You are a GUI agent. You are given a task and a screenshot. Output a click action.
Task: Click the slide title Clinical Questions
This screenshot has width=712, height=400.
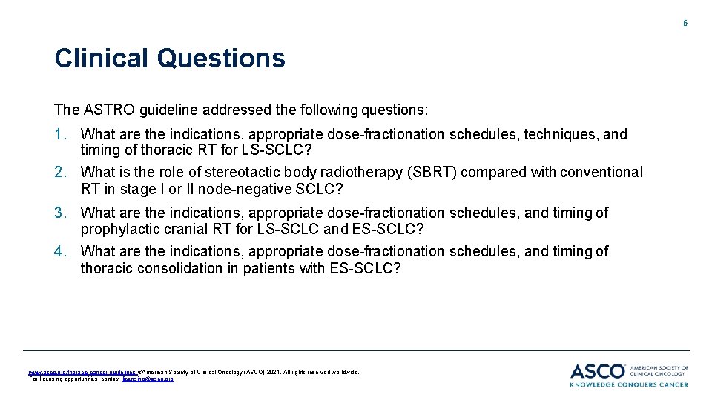click(x=169, y=59)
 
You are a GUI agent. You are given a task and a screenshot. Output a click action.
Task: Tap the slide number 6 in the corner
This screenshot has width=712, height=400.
click(x=685, y=23)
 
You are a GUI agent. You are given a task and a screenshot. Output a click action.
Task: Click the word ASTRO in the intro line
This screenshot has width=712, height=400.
click(x=102, y=110)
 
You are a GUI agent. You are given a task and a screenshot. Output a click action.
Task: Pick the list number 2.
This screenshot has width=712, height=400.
click(x=60, y=172)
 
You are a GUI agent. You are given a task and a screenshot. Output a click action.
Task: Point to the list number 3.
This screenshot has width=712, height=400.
click(x=60, y=213)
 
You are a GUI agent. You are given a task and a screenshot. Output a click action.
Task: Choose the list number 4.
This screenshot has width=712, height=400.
click(x=60, y=251)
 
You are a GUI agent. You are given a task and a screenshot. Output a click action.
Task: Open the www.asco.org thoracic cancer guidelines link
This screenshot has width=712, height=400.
click(x=82, y=372)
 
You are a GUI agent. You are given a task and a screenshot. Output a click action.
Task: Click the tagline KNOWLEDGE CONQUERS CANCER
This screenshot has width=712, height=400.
click(x=629, y=384)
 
